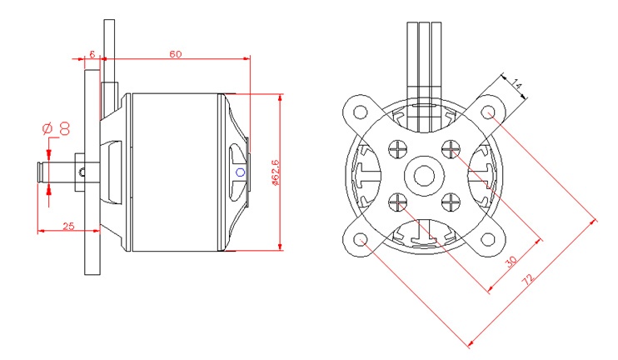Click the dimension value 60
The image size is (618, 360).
(176, 54)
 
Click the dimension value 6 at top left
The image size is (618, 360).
(91, 54)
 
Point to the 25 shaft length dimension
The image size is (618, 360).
(69, 226)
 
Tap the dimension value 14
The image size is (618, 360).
(516, 83)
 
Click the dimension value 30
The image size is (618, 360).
(511, 260)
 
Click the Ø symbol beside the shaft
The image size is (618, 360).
(47, 128)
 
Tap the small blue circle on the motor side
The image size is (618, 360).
(240, 172)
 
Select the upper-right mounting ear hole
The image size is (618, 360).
(491, 112)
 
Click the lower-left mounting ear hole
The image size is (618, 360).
(361, 242)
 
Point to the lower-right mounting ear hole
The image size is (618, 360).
(491, 242)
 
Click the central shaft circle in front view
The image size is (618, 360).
(425, 177)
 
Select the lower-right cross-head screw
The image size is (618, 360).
(452, 202)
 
